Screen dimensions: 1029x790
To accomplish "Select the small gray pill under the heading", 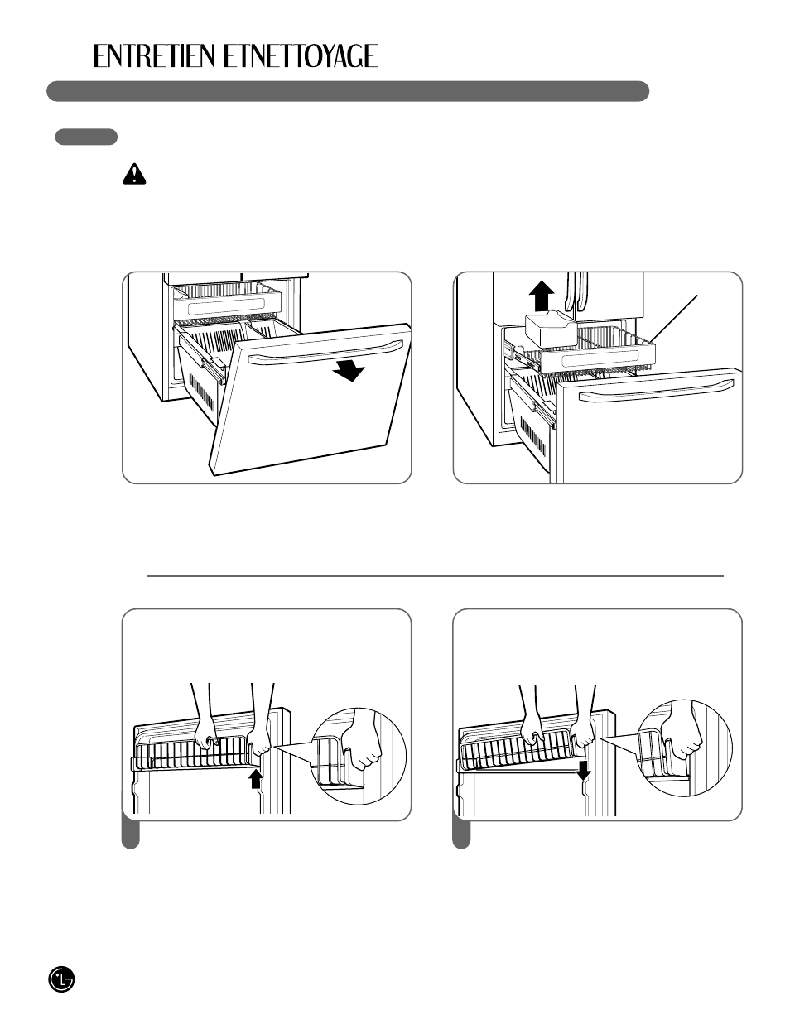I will (x=86, y=137).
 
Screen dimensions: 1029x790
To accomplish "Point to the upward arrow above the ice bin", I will (x=542, y=296).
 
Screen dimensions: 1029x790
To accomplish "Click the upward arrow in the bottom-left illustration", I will (x=256, y=779).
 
